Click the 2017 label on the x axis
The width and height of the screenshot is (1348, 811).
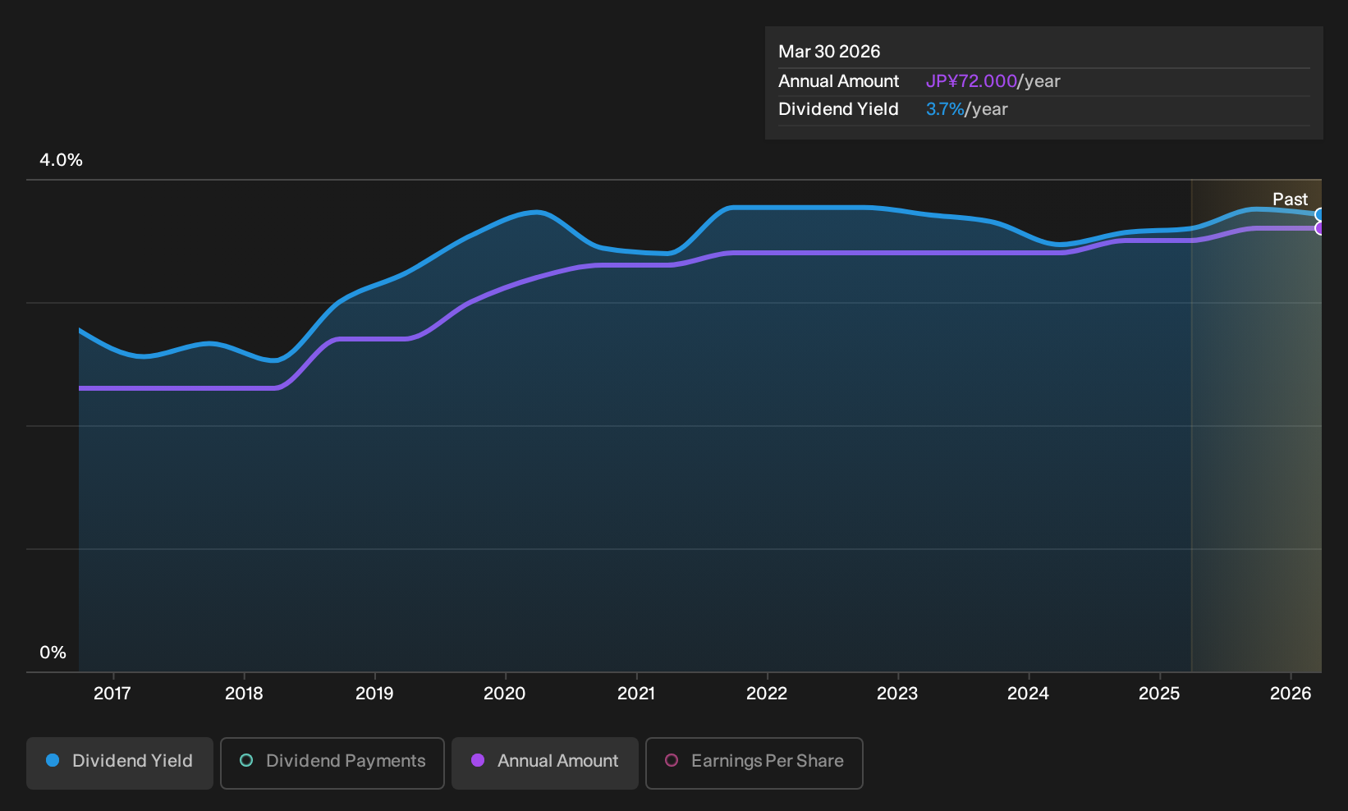pos(112,694)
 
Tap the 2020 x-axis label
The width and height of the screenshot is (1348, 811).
pos(505,694)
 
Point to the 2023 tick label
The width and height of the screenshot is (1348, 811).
pos(897,694)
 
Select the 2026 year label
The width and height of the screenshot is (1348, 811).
pos(1291,694)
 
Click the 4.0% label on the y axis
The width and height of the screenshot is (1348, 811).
pos(61,160)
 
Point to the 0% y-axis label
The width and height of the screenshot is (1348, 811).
pos(53,653)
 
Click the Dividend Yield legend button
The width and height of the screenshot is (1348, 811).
pos(120,763)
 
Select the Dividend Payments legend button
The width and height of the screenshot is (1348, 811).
pos(332,763)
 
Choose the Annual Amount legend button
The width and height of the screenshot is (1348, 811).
pos(544,763)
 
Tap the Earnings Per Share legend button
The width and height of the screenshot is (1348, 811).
pos(754,763)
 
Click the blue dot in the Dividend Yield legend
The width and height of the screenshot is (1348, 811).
pos(53,760)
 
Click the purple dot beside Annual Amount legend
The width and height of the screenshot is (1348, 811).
pos(478,760)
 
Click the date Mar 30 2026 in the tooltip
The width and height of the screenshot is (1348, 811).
pos(829,52)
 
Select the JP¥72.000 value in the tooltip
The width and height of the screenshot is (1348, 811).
pos(971,81)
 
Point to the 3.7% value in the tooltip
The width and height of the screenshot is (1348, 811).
pos(945,109)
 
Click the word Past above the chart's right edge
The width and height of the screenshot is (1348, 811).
pos(1291,199)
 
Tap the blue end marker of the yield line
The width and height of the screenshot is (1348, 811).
pos(1318,215)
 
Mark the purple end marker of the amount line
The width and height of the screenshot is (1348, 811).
pos(1318,229)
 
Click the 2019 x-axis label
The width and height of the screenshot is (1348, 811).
pos(374,694)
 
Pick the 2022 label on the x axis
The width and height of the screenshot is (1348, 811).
pos(767,694)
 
